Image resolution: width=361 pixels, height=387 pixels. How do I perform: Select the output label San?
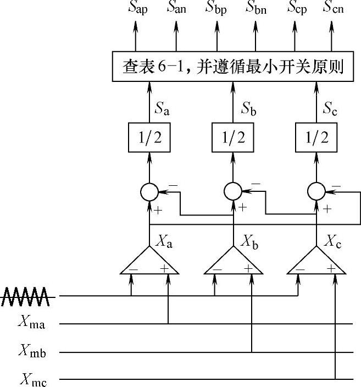[177, 8]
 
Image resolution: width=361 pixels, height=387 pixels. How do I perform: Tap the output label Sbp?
[216, 8]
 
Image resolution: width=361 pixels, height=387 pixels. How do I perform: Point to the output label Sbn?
[257, 8]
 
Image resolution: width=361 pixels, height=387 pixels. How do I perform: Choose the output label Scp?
[297, 8]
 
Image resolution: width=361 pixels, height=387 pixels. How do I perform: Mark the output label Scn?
[334, 8]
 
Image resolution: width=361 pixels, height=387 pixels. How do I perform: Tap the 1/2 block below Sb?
[232, 137]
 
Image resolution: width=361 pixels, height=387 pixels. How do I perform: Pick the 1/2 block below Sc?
[316, 137]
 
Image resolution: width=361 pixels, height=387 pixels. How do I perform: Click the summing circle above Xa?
[149, 191]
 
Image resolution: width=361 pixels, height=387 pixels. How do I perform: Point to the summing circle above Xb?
[232, 191]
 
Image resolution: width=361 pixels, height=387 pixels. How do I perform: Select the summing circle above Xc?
[316, 191]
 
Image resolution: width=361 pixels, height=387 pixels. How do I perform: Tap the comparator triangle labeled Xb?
[232, 262]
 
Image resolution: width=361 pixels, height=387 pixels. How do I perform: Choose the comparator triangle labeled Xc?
[316, 262]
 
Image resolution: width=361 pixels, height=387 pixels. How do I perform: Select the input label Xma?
[31, 323]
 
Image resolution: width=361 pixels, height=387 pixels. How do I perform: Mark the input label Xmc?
[31, 379]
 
